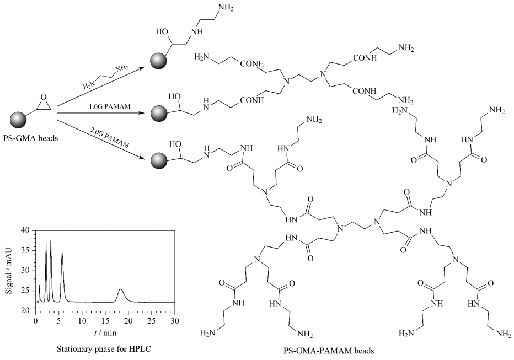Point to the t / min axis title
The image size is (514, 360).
click(105, 333)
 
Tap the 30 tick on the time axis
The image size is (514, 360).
click(175, 320)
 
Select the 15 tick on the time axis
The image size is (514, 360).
click(105, 320)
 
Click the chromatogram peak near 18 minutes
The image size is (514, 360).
click(121, 289)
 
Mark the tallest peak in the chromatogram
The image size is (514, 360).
click(51, 241)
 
